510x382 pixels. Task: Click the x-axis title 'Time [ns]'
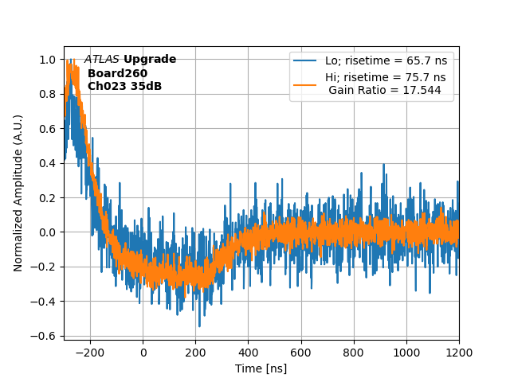(x=261, y=368)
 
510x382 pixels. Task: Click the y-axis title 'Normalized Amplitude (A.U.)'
(x=18, y=193)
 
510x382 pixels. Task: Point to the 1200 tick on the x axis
(x=459, y=352)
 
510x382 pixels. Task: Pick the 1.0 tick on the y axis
(x=49, y=60)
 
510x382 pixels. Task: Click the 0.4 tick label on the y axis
(x=49, y=163)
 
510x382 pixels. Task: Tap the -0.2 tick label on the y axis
(x=46, y=267)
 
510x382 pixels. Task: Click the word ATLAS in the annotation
(x=101, y=60)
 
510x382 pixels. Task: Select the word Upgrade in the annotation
(x=150, y=60)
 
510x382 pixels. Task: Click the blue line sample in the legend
(x=305, y=60)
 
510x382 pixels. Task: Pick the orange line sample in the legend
(x=305, y=84)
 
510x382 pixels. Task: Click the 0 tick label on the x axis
(x=143, y=352)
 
